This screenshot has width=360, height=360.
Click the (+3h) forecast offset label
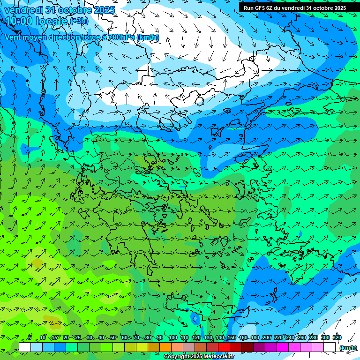click(79, 21)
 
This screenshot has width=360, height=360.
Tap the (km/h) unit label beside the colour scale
click(348, 348)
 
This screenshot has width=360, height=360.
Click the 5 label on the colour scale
click(29, 337)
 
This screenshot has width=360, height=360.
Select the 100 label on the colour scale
click(172, 337)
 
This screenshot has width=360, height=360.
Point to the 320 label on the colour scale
click(337, 337)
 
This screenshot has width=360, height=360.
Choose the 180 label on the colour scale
click(255, 337)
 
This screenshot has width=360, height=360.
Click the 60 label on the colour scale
click(125, 337)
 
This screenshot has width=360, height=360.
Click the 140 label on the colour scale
click(220, 337)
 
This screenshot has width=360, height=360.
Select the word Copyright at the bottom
click(176, 357)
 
